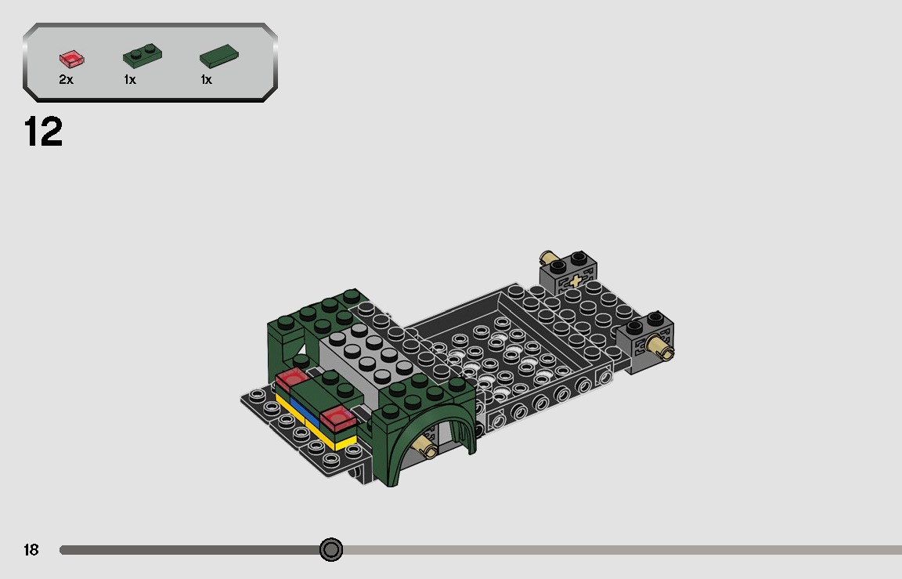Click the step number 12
[x=44, y=132]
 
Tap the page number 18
[x=31, y=550]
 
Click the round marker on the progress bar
[x=331, y=550]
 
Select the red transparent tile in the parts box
[x=71, y=58]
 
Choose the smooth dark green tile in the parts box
[x=219, y=56]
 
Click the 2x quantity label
[x=66, y=80]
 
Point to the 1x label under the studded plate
[x=130, y=80]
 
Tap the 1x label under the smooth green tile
[x=207, y=80]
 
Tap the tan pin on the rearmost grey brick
[x=549, y=259]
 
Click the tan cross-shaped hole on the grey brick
[x=577, y=280]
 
